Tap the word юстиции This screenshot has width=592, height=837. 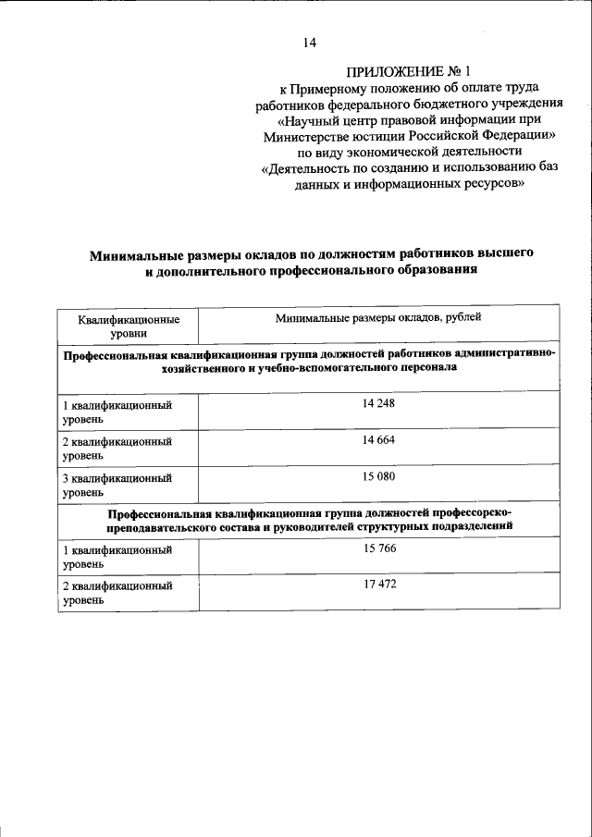click(x=378, y=135)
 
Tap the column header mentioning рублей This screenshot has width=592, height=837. click(x=379, y=318)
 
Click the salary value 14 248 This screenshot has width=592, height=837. click(x=379, y=403)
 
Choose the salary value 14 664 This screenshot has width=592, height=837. click(x=379, y=440)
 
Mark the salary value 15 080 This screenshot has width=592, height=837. click(x=379, y=476)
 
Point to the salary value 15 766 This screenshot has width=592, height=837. click(x=379, y=548)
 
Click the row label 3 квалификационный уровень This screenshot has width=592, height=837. click(x=117, y=486)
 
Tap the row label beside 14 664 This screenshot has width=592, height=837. click(x=117, y=449)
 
